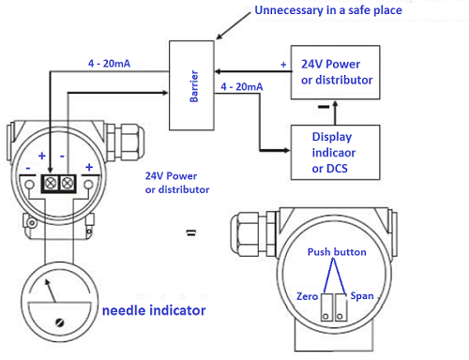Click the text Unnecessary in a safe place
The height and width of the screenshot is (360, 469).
317,12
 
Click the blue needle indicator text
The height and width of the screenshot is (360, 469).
154,308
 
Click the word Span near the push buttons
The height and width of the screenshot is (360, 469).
362,295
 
